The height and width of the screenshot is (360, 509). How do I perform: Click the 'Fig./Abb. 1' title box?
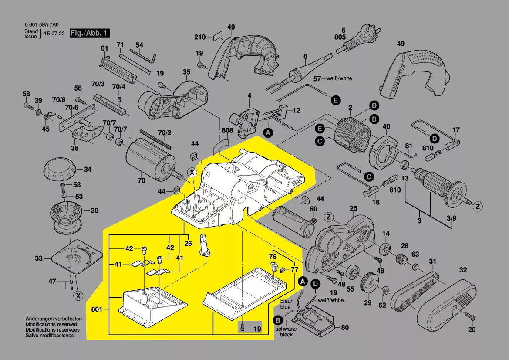point(89,34)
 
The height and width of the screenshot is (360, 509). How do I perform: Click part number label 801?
point(97,309)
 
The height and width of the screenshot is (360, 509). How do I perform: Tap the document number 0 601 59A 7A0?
point(42,25)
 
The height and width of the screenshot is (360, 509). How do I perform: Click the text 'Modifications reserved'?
point(51,325)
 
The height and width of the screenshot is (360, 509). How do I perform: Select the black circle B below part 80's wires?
point(276,321)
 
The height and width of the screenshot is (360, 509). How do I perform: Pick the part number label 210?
point(199,37)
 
